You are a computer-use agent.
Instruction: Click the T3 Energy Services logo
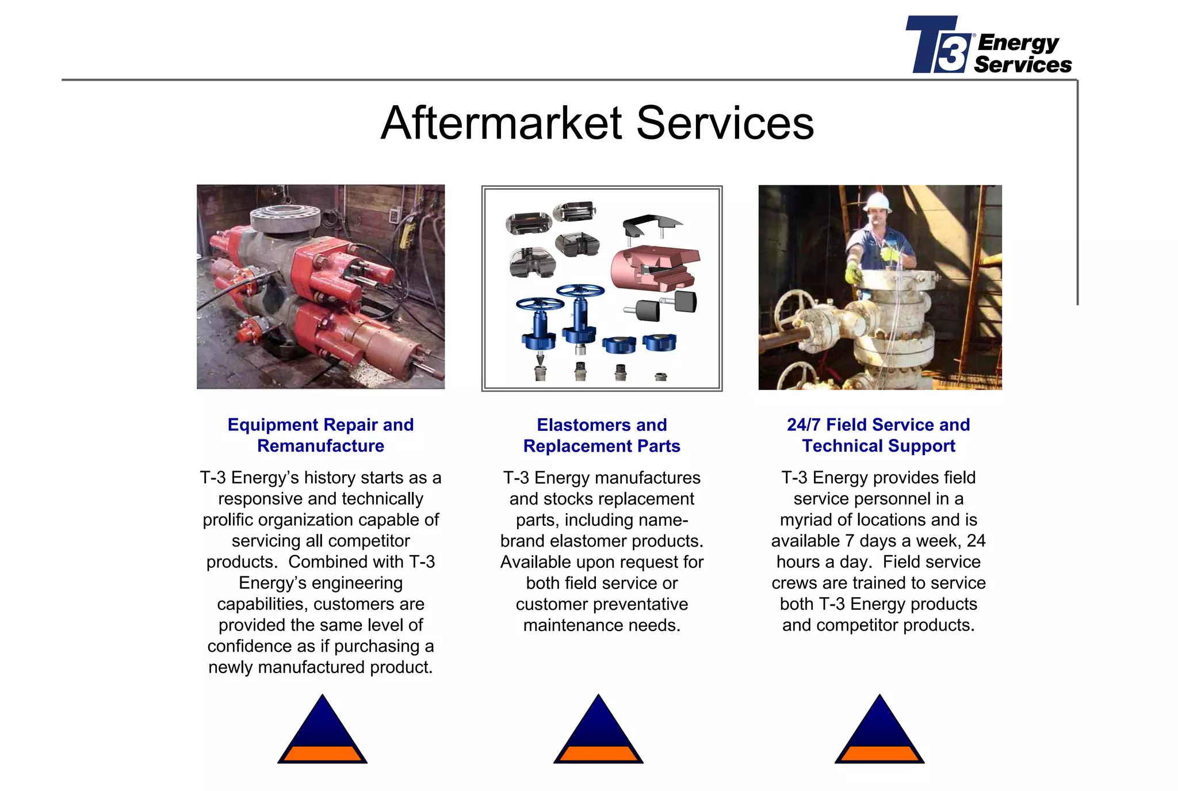(x=988, y=45)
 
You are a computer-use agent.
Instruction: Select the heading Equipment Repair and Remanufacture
(x=320, y=435)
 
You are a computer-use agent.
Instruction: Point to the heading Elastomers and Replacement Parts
(x=602, y=435)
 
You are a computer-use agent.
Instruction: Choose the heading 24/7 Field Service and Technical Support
(x=878, y=435)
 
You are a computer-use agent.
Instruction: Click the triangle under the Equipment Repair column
(x=322, y=732)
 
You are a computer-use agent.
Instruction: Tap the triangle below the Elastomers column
(x=598, y=732)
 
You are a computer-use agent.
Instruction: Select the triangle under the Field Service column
(x=879, y=732)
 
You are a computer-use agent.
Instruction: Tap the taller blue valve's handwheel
(x=580, y=291)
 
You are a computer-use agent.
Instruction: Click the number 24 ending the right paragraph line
(x=976, y=541)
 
